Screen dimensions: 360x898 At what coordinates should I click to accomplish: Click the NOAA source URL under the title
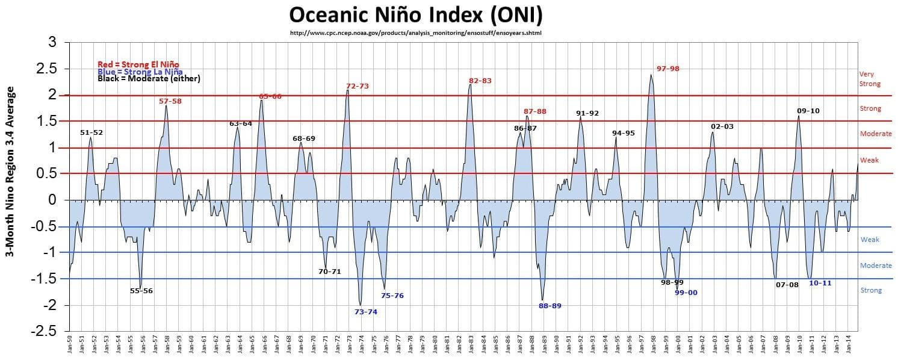pos(416,33)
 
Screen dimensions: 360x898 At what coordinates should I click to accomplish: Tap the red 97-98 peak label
pos(667,69)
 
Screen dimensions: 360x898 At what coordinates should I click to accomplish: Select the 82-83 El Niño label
pos(480,81)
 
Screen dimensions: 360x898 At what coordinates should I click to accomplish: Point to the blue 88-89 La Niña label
pos(550,306)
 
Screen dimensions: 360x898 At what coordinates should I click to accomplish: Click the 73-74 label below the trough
pos(366,312)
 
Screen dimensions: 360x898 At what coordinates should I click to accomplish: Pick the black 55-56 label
pos(141,291)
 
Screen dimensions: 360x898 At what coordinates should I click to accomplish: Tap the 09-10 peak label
pos(808,111)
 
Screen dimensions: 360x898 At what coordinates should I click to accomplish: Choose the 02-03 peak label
pos(722,126)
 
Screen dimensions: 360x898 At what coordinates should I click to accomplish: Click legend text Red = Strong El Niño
pos(138,64)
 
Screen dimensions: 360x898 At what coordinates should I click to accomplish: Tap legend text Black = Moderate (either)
pos(149,79)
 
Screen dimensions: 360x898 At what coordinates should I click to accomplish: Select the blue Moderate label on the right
pos(876,265)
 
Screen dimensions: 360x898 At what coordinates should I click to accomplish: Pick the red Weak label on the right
pos(869,160)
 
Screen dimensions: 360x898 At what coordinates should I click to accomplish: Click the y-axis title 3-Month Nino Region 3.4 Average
pos(11,172)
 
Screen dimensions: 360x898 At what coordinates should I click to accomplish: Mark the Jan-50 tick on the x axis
pos(70,346)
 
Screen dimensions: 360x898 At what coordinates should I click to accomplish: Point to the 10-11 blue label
pos(820,283)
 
